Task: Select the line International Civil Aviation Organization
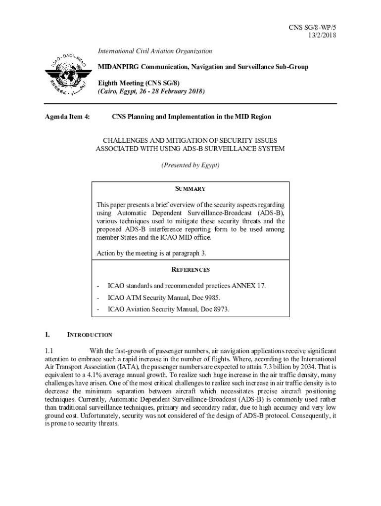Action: click(x=154, y=51)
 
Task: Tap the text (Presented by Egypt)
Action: click(x=190, y=165)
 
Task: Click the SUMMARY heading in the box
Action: click(x=190, y=189)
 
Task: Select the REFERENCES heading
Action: click(x=190, y=270)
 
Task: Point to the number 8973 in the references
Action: click(x=219, y=309)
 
